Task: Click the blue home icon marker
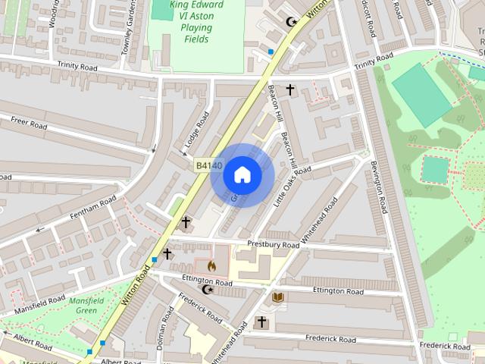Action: click(x=242, y=175)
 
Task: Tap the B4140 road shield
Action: click(x=208, y=165)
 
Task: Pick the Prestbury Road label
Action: click(x=274, y=245)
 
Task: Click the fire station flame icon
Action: click(x=211, y=266)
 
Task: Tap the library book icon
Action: click(x=278, y=297)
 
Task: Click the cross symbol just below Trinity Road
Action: click(x=289, y=90)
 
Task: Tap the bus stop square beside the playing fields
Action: click(x=271, y=52)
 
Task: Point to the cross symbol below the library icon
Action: click(x=262, y=322)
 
